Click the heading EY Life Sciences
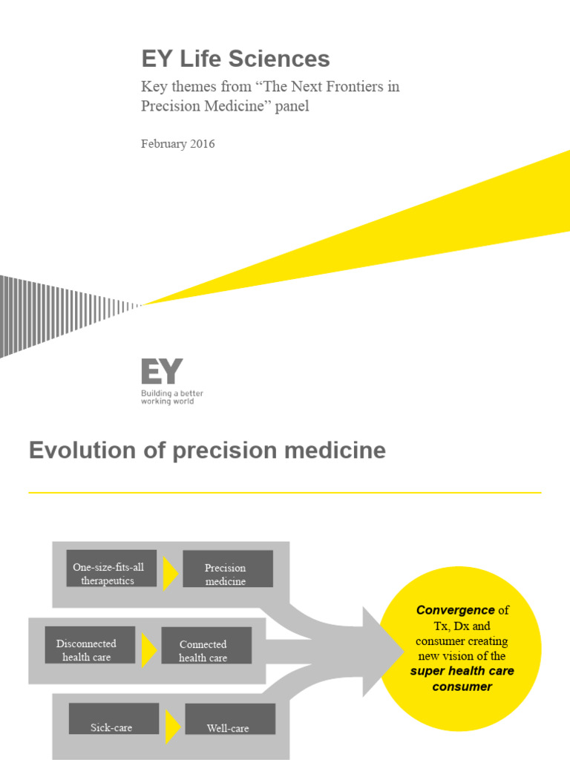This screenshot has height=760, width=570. (235, 59)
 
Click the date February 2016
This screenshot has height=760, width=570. (177, 144)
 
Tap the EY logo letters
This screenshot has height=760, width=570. (162, 371)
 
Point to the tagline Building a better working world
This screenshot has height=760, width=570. (171, 397)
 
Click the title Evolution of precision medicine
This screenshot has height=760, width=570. (207, 451)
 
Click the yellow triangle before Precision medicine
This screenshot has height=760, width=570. (170, 574)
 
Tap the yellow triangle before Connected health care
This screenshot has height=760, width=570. (148, 649)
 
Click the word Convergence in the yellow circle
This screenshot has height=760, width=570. (455, 610)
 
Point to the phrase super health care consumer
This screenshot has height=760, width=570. (462, 678)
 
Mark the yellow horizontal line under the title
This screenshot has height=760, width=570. (285, 492)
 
